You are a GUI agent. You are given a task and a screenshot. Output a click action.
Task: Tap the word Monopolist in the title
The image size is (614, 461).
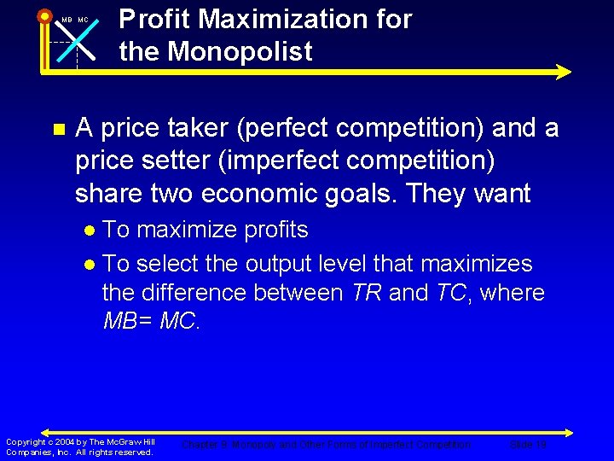tap(240, 51)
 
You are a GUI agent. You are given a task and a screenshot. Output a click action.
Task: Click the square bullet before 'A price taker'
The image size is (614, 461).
tap(58, 130)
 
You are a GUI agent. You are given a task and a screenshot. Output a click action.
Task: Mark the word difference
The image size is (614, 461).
tap(202, 293)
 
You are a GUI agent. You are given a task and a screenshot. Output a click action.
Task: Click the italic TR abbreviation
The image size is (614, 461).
tap(367, 293)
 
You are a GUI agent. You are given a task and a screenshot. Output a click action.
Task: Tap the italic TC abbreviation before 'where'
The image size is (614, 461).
tap(453, 293)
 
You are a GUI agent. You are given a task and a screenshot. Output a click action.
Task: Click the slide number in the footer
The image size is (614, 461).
tap(528, 445)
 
